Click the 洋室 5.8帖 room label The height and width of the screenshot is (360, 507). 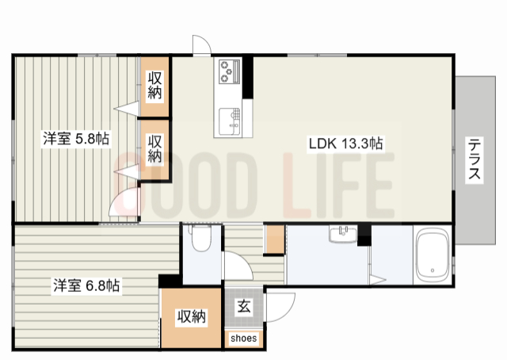pyautogui.click(x=76, y=140)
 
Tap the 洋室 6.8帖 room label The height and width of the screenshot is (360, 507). pyautogui.click(x=86, y=285)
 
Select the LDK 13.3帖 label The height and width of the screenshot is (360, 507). pyautogui.click(x=345, y=144)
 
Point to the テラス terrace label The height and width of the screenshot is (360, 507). pyautogui.click(x=474, y=159)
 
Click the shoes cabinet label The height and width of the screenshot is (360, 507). pyautogui.click(x=244, y=339)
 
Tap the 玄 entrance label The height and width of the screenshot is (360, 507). pyautogui.click(x=244, y=306)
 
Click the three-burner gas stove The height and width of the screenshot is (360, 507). pyautogui.click(x=230, y=71)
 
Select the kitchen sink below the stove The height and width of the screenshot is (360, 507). pyautogui.click(x=230, y=122)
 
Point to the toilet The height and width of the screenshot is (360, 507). pyautogui.click(x=200, y=238)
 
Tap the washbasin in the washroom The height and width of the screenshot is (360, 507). pyautogui.click(x=343, y=233)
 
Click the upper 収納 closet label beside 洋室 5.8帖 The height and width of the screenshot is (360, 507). pyautogui.click(x=154, y=85)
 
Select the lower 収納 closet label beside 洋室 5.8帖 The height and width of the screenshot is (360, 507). pyautogui.click(x=154, y=148)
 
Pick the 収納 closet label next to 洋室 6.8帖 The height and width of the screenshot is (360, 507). pyautogui.click(x=192, y=316)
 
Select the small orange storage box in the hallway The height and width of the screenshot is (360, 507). pyautogui.click(x=276, y=239)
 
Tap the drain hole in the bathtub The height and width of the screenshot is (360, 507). pyautogui.click(x=433, y=270)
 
